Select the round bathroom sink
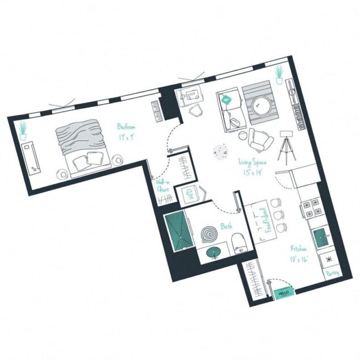[x=213, y=253]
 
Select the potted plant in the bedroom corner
[x=23, y=131]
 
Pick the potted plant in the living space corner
[x=279, y=74]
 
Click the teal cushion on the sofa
[x=227, y=100]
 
